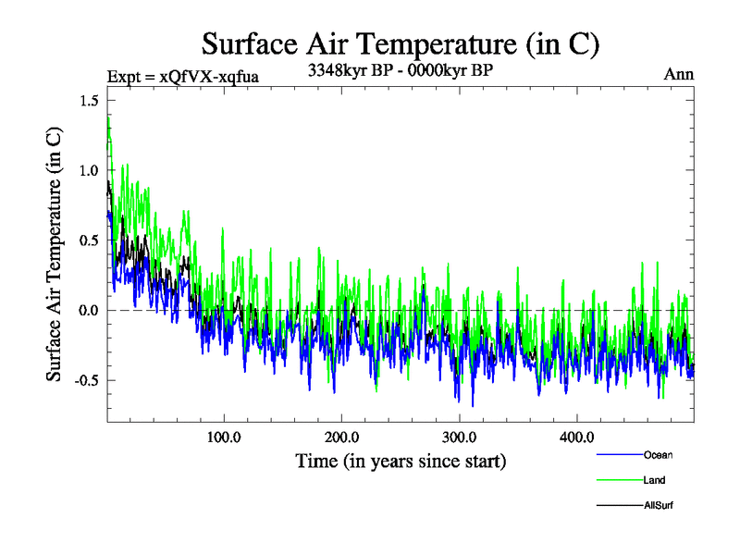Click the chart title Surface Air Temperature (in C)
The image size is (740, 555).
[x=401, y=43]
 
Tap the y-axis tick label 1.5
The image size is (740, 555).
[x=90, y=100]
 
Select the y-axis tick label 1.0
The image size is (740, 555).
[x=90, y=170]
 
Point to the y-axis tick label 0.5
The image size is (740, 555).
[x=90, y=240]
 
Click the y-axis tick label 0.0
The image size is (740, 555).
[x=90, y=311]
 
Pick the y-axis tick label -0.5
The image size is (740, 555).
[x=87, y=380]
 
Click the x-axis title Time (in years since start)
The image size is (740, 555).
[x=401, y=460]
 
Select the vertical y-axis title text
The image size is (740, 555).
[x=55, y=266]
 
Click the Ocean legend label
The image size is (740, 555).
[x=659, y=455]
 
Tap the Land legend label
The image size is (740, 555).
[x=655, y=480]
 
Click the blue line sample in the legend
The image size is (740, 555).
[x=621, y=455]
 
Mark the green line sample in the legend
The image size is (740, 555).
[x=621, y=480]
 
